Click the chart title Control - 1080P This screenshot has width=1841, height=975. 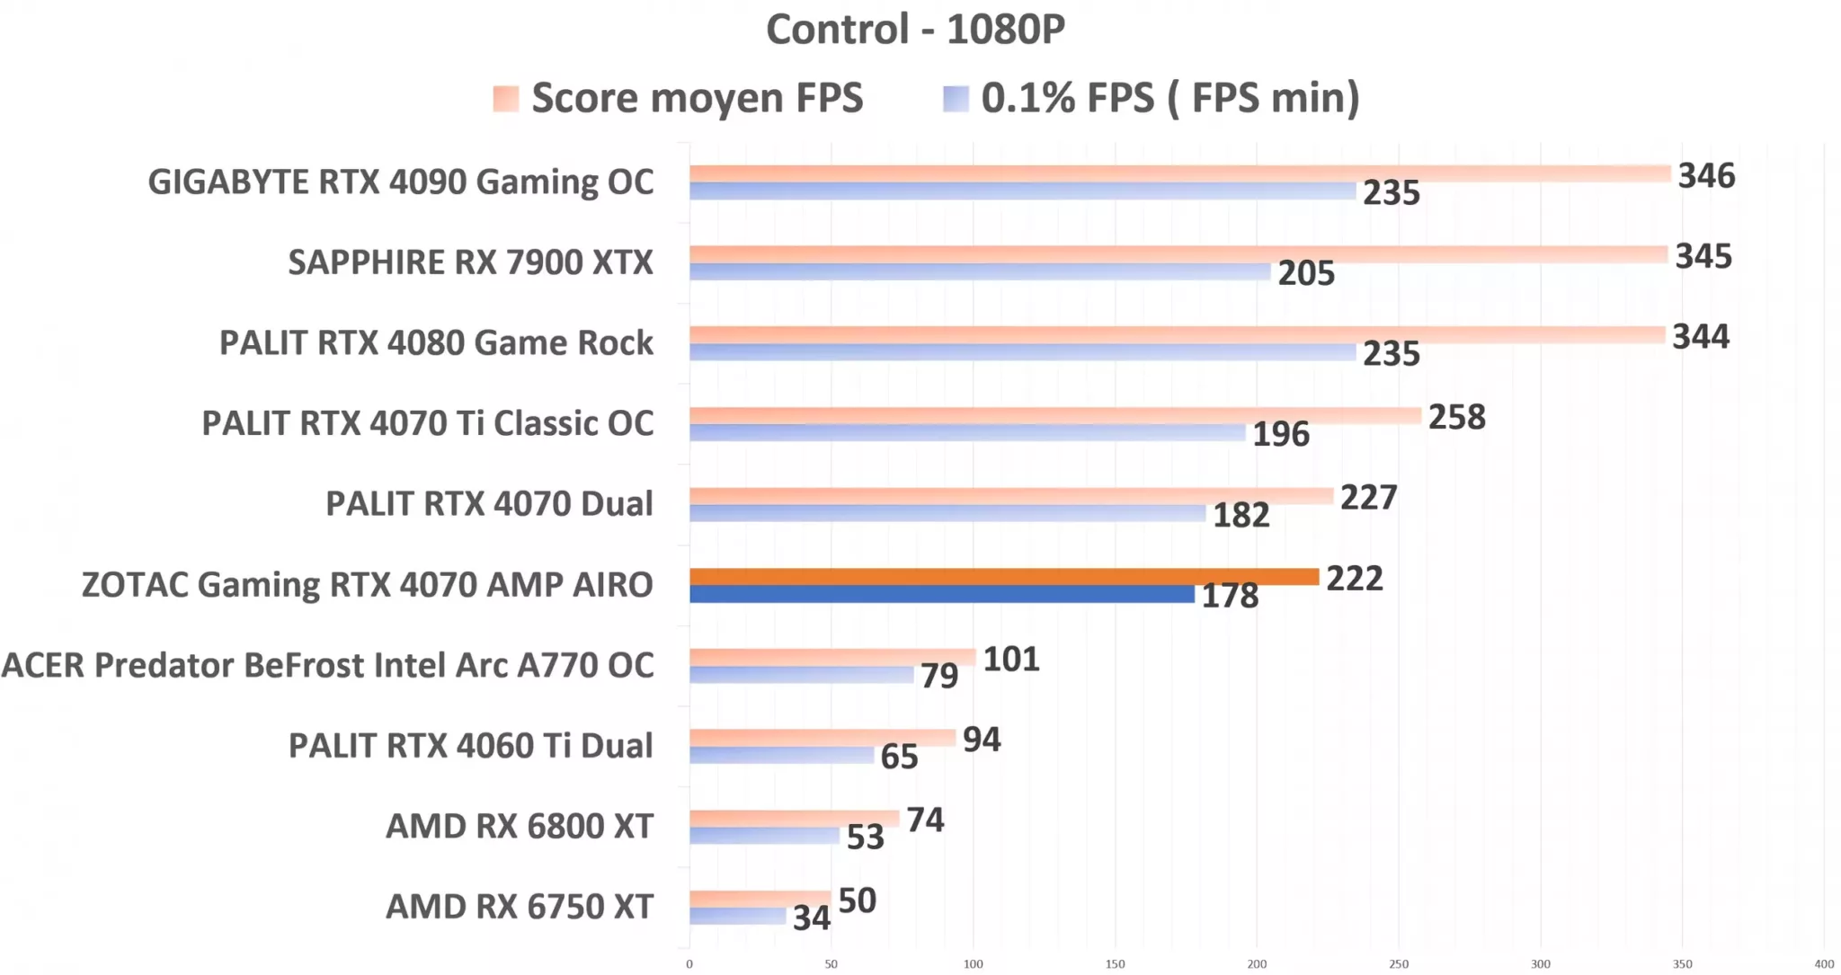point(915,29)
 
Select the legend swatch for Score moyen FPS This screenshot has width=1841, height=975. point(506,99)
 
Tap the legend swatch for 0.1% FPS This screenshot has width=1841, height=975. point(956,99)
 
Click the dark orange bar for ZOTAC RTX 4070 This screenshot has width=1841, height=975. point(1003,577)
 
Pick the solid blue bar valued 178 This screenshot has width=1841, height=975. point(941,594)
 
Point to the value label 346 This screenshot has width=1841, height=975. point(1706,175)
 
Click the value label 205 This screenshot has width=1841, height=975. point(1306,273)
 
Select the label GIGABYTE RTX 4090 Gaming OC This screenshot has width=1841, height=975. point(401,182)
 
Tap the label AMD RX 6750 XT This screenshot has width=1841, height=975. point(519,907)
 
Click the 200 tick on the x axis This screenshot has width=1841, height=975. point(1257,964)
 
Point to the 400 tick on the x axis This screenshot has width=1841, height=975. point(1824,964)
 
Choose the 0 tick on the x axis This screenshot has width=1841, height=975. point(689,964)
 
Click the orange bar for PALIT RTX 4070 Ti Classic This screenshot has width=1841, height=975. point(1054,415)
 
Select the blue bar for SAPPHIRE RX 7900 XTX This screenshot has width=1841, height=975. point(980,271)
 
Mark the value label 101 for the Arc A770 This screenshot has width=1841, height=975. point(1010,660)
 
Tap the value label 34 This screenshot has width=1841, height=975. point(811,918)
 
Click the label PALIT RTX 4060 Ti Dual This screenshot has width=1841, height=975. point(470,746)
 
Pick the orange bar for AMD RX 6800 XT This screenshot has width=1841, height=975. point(794,819)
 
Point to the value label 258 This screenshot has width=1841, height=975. point(1456,417)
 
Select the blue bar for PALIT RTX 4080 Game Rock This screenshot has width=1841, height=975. point(1022,352)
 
